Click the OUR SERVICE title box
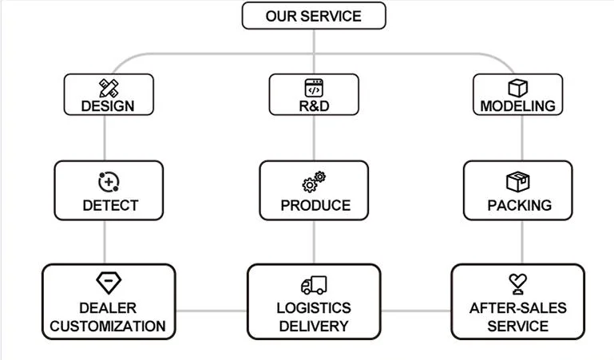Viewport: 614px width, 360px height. click(314, 16)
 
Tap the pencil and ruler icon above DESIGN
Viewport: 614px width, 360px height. click(109, 88)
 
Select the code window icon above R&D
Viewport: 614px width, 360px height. click(314, 88)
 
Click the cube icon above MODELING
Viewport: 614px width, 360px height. click(517, 88)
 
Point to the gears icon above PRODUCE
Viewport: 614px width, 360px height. click(314, 182)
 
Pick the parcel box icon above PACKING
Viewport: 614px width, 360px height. click(517, 181)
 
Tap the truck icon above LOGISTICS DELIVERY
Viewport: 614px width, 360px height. click(314, 285)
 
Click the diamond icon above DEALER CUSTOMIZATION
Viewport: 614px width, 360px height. click(109, 283)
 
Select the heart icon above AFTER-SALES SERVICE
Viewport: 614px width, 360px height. click(517, 283)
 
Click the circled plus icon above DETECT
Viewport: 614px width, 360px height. click(109, 182)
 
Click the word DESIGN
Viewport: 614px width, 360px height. click(108, 106)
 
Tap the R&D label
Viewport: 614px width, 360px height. click(314, 106)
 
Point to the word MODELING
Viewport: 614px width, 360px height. click(517, 106)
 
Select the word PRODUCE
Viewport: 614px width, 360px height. click(315, 205)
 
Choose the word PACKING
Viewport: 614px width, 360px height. click(520, 205)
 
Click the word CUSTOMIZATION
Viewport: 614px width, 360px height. click(108, 326)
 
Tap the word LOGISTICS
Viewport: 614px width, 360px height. click(314, 308)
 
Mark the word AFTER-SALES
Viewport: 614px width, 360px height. click(517, 308)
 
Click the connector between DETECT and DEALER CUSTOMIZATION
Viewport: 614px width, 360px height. click(105, 242)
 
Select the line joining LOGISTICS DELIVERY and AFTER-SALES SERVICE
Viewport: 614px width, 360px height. click(416, 311)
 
